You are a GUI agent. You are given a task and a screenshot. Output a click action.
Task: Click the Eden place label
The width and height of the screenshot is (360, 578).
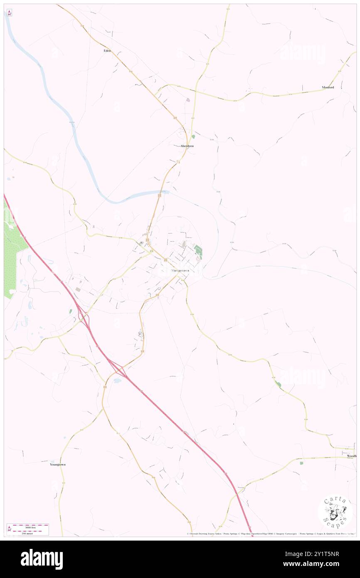click(x=107, y=50)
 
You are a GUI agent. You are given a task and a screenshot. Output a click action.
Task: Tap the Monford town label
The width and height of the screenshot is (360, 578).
click(x=328, y=87)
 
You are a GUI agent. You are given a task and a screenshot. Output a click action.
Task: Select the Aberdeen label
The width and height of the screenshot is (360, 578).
click(x=187, y=146)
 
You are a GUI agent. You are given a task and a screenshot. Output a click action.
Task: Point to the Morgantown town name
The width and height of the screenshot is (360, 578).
click(x=180, y=271)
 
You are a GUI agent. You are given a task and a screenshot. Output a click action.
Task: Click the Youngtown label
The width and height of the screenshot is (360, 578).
click(x=58, y=464)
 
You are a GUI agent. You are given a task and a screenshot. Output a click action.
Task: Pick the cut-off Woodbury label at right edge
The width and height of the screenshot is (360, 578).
click(x=352, y=456)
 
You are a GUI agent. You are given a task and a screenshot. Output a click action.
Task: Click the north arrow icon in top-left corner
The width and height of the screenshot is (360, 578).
click(x=9, y=13)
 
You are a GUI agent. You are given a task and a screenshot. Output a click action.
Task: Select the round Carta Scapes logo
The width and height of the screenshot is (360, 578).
click(x=335, y=511)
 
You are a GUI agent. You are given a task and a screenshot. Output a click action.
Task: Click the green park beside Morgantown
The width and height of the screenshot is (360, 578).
click(x=198, y=252)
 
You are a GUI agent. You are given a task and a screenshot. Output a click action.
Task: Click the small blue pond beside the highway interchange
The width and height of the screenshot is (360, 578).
click(x=118, y=380)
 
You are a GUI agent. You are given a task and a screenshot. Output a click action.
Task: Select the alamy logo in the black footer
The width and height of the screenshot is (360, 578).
click(x=42, y=559)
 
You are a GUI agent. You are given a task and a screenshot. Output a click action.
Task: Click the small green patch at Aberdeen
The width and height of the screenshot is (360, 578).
click(x=193, y=136)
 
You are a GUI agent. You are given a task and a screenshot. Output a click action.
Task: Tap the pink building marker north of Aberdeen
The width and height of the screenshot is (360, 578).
click(x=188, y=100)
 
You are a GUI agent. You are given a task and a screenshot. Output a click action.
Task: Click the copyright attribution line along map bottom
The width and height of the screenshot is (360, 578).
click(x=270, y=534)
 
